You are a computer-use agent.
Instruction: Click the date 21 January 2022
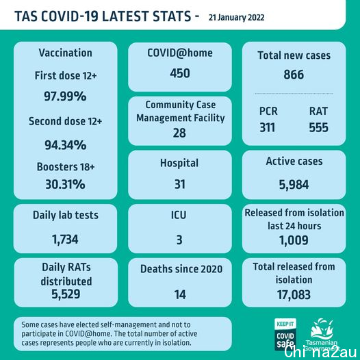click(x=236, y=18)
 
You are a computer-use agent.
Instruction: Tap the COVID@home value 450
click(x=180, y=73)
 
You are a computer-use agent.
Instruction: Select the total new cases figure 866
click(x=294, y=75)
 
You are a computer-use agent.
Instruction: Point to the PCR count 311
click(x=268, y=127)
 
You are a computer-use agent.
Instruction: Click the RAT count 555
click(x=319, y=127)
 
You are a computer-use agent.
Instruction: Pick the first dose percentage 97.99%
click(x=65, y=96)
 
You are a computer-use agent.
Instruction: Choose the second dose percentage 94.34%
click(x=66, y=145)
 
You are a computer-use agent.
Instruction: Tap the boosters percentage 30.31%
click(x=65, y=184)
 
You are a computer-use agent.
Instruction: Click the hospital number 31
click(x=180, y=184)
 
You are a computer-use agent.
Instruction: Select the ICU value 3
click(x=179, y=240)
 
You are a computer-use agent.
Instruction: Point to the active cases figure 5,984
click(x=294, y=185)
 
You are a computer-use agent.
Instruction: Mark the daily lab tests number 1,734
click(x=65, y=240)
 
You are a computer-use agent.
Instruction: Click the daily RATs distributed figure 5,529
click(x=66, y=294)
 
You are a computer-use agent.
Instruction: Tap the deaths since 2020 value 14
click(x=180, y=294)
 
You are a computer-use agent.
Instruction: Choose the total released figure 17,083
click(x=294, y=295)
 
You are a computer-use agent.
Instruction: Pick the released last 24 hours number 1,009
click(x=294, y=240)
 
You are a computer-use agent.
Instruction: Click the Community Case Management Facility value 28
click(x=179, y=133)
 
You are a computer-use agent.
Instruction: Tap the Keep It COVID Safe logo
click(x=285, y=334)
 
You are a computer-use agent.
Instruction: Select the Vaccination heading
click(x=66, y=53)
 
